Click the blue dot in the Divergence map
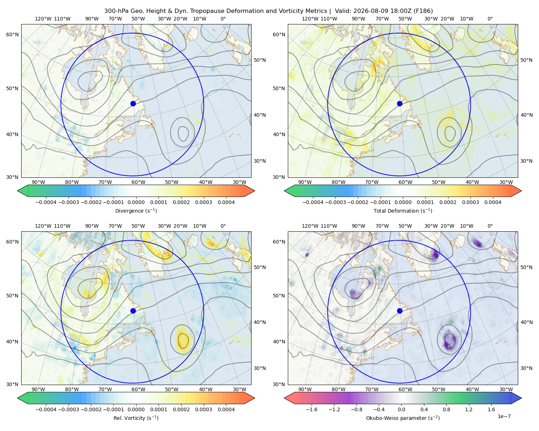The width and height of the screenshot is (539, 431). [133, 103]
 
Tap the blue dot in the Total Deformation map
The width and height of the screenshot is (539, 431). [400, 103]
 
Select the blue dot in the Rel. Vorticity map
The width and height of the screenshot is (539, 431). [133, 311]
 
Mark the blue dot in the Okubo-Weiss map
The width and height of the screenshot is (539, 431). [400, 311]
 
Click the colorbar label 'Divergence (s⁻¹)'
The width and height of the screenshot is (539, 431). [136, 210]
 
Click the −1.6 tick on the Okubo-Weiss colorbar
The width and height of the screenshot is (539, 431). [312, 409]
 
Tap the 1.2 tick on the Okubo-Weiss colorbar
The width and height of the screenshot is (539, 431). [469, 409]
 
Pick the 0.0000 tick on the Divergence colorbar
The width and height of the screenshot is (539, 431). [136, 202]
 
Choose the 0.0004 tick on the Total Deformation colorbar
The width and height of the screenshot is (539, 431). [493, 202]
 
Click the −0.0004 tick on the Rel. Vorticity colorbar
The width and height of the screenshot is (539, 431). [46, 409]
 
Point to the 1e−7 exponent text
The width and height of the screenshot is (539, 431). [504, 416]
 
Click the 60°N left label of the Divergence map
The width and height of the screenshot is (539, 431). [12, 34]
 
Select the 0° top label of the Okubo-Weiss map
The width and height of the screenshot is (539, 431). [490, 226]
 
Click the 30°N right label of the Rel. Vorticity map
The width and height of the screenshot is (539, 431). [260, 368]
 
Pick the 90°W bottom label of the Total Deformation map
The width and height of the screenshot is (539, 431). [305, 182]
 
